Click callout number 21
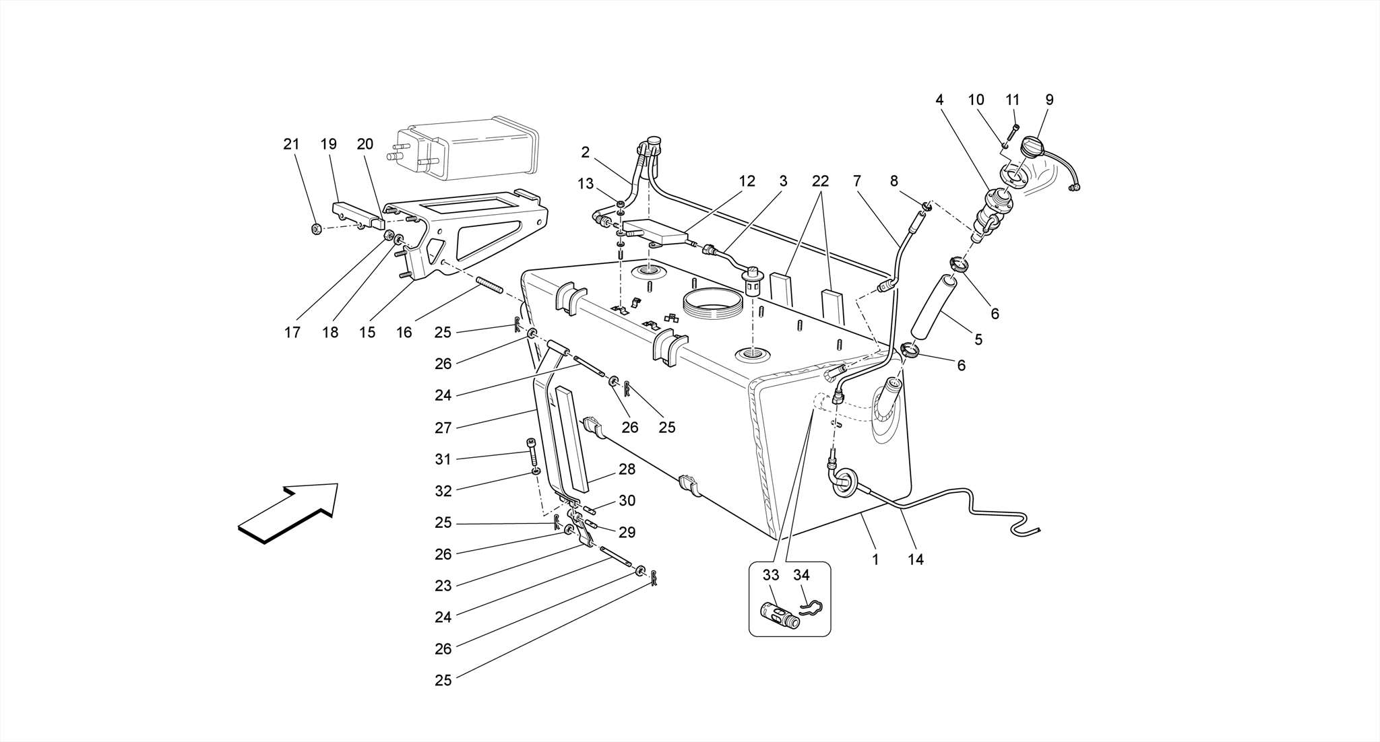click(x=291, y=144)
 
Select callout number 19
click(x=328, y=144)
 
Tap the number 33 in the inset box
click(x=771, y=575)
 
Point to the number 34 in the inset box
click(x=801, y=575)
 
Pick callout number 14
click(x=915, y=559)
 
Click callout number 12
click(x=747, y=181)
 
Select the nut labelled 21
click(x=316, y=230)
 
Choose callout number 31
click(x=443, y=459)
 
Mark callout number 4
click(x=939, y=100)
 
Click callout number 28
click(x=627, y=469)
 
